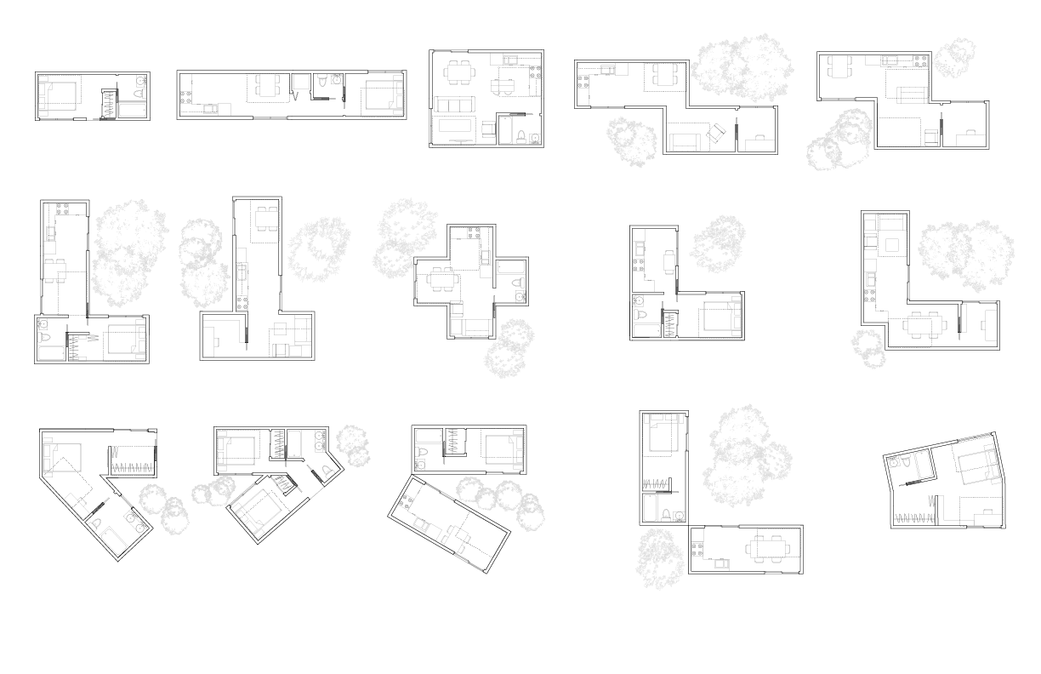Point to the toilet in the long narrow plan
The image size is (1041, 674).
coord(323,83)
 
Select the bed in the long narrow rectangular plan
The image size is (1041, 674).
coord(382,96)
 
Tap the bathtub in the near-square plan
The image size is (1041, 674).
coord(506,129)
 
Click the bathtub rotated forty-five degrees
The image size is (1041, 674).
coord(117,538)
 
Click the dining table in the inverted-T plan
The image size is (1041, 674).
coord(265,220)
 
